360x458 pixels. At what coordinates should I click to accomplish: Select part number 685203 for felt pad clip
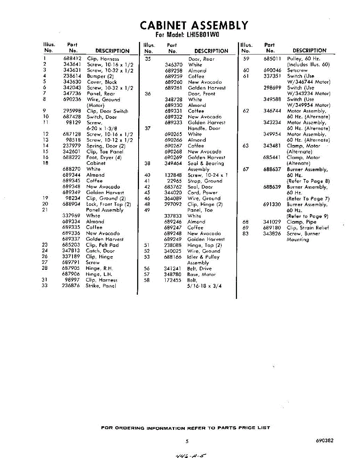click(x=71, y=245)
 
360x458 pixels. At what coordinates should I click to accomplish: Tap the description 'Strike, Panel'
click(x=101, y=285)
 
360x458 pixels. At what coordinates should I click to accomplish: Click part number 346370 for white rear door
click(x=174, y=65)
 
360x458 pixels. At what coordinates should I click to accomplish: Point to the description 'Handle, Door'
click(x=204, y=129)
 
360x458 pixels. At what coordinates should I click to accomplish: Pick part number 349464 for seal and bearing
click(x=173, y=163)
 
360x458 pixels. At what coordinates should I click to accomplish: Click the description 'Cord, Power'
click(x=202, y=193)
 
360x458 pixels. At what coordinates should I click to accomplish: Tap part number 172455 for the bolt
click(x=173, y=280)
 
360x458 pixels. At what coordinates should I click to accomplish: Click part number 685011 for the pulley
click(x=272, y=59)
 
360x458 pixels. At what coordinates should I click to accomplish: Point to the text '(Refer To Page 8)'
click(x=308, y=181)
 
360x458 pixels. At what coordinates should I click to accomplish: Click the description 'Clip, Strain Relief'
click(x=308, y=228)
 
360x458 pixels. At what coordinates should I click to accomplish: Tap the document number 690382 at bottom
click(x=325, y=440)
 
